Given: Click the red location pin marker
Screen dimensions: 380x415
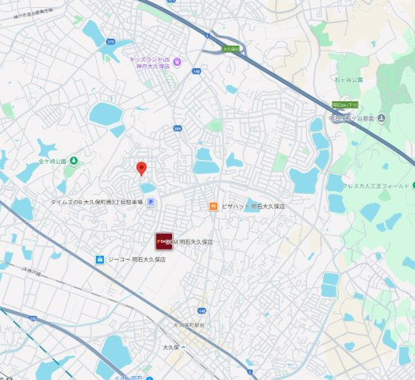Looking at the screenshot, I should click(141, 168).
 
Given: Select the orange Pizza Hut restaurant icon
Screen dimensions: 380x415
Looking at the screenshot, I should click(213, 207).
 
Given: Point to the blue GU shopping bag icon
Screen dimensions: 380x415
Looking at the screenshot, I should click(100, 259).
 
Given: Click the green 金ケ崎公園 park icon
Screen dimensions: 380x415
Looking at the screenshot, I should click(73, 161).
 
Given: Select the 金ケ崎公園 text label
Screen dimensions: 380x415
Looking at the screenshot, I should click(48, 161).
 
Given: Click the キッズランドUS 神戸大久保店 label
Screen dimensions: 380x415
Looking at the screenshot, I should click(152, 63).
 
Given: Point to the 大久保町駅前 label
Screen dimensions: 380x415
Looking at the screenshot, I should click(190, 325).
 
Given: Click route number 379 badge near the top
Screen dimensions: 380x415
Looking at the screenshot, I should click(110, 41).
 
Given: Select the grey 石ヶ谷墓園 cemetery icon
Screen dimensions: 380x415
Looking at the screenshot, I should click(382, 119).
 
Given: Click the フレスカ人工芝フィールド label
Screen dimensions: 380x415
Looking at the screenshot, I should click(380, 185).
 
